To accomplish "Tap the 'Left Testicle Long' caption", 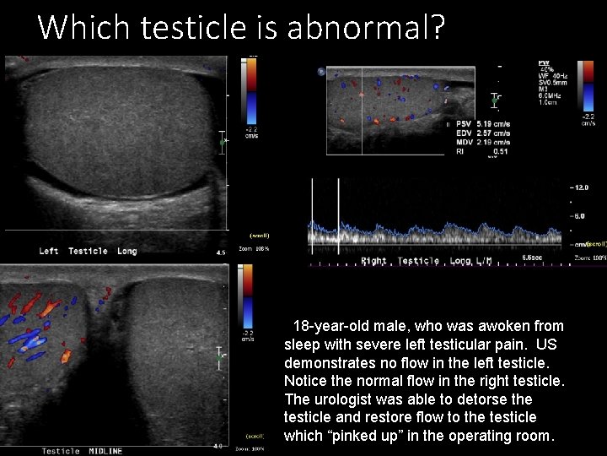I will click(88, 251).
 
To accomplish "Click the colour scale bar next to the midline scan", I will click(249, 301).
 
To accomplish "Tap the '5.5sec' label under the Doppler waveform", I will click(532, 257).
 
